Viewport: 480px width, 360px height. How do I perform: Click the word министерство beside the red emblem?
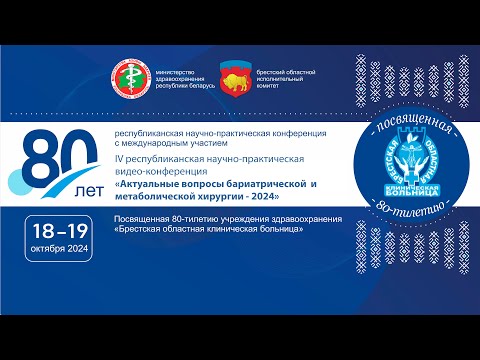[x=176, y=69]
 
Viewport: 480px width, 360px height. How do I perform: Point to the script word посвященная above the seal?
[x=405, y=128]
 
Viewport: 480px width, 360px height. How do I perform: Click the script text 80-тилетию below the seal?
[x=404, y=232]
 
